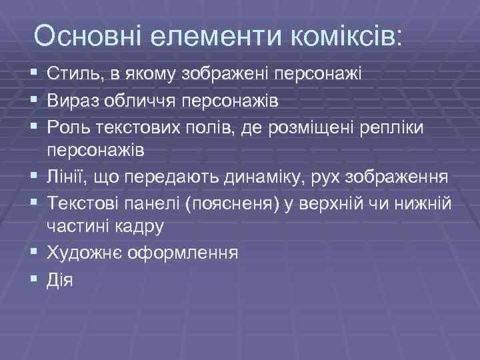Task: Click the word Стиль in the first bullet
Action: pyautogui.click(x=70, y=73)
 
